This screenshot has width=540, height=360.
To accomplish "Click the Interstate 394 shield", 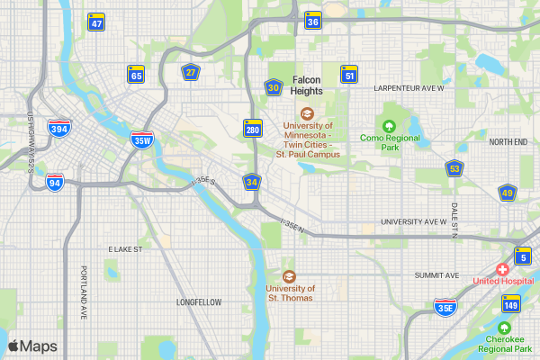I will [x=59, y=129].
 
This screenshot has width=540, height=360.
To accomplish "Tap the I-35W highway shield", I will [x=141, y=139].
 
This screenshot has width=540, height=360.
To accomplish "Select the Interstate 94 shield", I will [x=56, y=182].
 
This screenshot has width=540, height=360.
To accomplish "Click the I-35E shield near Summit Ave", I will [x=445, y=307].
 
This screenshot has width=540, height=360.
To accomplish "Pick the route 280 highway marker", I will [x=253, y=129].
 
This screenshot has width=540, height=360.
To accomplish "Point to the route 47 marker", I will [x=96, y=22].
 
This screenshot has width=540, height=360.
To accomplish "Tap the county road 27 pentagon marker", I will [x=190, y=73].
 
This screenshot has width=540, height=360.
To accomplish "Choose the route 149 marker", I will [x=510, y=305].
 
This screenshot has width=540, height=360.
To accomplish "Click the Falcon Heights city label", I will [x=307, y=85].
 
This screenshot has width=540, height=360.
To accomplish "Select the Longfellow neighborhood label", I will [x=199, y=302].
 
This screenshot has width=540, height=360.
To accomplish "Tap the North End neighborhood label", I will [x=508, y=142].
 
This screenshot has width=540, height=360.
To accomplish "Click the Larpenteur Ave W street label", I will [x=409, y=88].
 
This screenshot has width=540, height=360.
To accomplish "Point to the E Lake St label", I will [x=126, y=248].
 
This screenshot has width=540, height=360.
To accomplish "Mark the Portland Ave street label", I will [x=83, y=293].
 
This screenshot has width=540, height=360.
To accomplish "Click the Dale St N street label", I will [x=454, y=220].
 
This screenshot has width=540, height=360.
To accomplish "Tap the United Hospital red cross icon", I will [x=502, y=269].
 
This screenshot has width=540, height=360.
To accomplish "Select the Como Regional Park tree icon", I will [x=390, y=126].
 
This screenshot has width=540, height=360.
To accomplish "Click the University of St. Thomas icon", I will [x=289, y=276].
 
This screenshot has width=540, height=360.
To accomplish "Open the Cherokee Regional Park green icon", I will [x=505, y=327].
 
